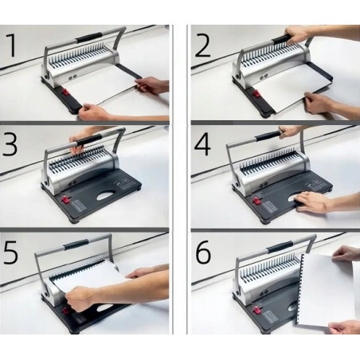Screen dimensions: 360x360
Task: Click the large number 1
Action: coord(11,45)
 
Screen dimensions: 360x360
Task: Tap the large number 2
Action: coord(203,45)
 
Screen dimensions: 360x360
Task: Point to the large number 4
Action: coord(202,145)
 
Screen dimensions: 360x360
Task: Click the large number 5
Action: coord(10,252)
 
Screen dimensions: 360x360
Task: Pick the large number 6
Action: coord(203,252)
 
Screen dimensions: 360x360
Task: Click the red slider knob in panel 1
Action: coord(65,93)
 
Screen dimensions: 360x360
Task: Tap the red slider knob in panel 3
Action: coord(65,199)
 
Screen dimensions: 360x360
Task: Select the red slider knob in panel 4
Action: coord(256,201)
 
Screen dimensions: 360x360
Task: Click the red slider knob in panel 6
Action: coord(256,310)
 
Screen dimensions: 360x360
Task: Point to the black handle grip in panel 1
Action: coord(89,37)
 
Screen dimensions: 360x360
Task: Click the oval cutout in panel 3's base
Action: coord(108,195)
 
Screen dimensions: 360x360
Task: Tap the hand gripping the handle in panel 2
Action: coord(296,33)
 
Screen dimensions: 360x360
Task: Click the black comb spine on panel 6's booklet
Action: coord(299,288)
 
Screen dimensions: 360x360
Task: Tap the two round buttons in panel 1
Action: coord(72,78)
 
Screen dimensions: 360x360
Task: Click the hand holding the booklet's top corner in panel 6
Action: coord(344,253)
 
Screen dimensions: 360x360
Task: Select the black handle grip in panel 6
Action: coord(280,247)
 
